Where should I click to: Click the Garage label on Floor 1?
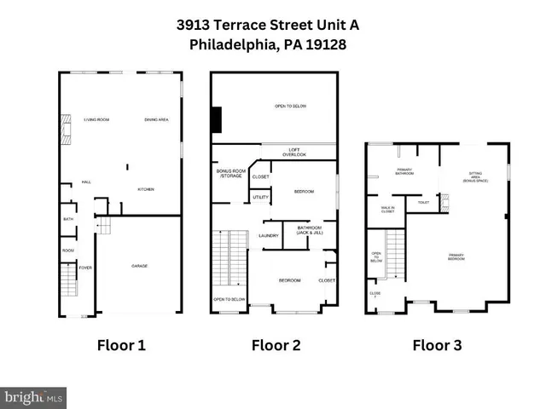(x=139, y=266)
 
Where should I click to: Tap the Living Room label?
(x=96, y=120)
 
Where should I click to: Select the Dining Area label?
(x=157, y=120)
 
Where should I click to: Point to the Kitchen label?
(x=146, y=189)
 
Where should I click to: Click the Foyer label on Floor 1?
(x=86, y=267)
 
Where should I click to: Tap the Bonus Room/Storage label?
(x=230, y=175)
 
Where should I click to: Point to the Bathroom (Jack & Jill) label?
(x=309, y=230)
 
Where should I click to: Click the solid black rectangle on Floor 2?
(x=217, y=119)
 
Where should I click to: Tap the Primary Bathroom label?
(x=405, y=173)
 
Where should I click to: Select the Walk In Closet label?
(x=387, y=209)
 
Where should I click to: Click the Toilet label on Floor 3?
(x=423, y=203)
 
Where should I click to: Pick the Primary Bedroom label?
(x=456, y=256)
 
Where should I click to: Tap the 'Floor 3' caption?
(x=437, y=345)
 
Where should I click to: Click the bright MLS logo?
(x=34, y=397)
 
